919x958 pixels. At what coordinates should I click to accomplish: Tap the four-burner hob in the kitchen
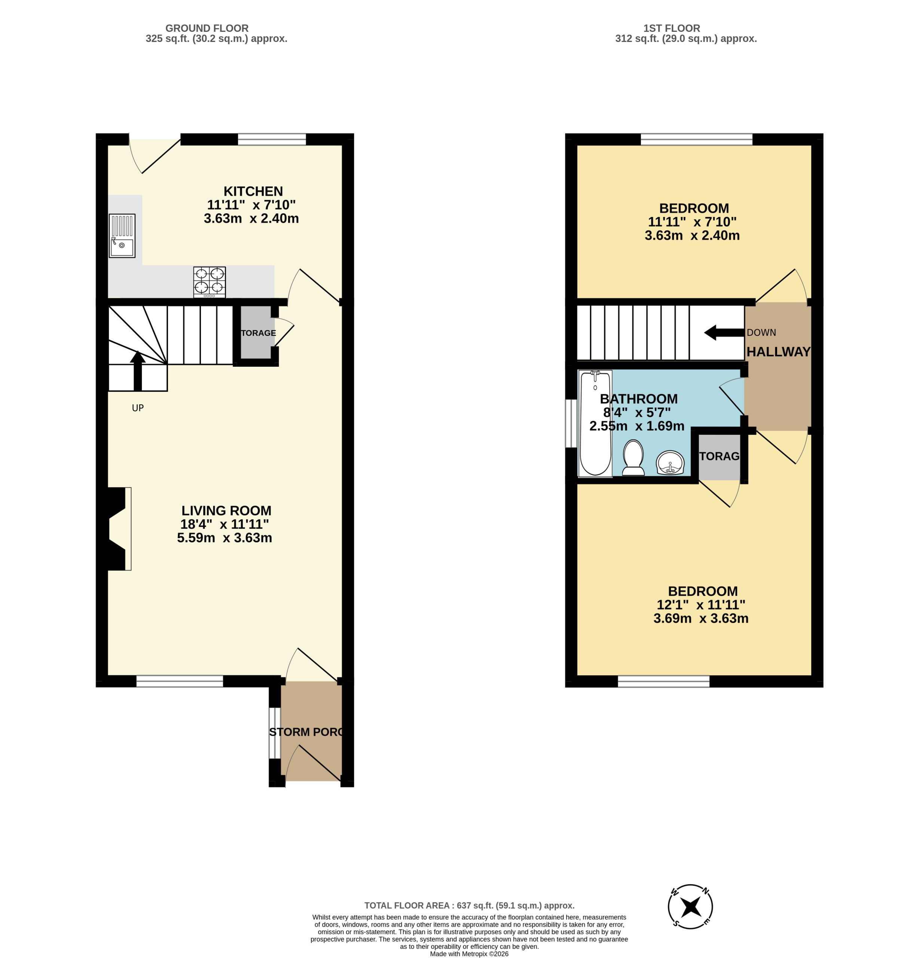(209, 282)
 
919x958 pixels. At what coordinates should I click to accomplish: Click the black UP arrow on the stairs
(138, 370)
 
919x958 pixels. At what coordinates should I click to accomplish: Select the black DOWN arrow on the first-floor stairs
(723, 332)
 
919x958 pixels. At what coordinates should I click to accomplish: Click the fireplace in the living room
(116, 528)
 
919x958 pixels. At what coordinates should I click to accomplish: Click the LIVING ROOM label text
(226, 510)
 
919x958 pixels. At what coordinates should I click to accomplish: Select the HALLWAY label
(778, 352)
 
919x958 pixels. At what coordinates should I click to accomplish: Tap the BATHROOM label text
(638, 399)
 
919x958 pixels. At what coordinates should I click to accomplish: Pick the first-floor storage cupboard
(719, 457)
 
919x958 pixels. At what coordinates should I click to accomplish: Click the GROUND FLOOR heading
(207, 28)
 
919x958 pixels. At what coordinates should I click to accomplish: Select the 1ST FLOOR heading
(672, 28)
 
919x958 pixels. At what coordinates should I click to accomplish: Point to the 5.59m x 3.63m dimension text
(225, 538)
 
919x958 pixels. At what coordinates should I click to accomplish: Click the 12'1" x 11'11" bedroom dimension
(701, 605)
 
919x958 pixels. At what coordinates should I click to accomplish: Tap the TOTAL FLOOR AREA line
(469, 906)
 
